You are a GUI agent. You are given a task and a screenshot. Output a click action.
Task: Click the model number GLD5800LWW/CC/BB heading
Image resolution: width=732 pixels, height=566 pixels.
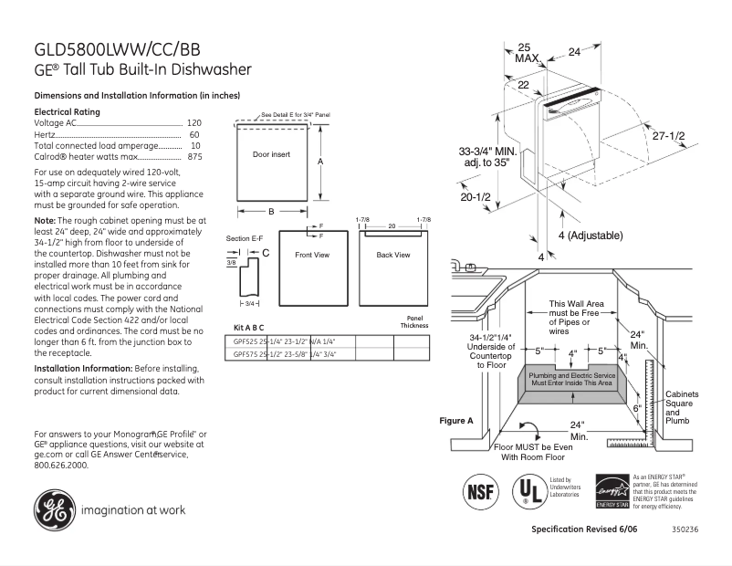(118, 49)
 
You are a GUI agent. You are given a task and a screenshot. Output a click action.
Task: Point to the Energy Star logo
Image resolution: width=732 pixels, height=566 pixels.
(612, 491)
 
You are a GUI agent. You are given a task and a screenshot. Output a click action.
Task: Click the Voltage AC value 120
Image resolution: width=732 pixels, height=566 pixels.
(193, 122)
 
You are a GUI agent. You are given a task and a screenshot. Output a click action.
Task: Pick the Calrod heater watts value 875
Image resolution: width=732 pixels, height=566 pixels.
(193, 157)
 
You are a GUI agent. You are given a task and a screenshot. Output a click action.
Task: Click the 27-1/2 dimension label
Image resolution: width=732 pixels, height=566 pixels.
(668, 135)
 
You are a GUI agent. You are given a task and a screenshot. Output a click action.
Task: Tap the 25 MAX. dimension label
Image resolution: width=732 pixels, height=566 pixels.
(526, 52)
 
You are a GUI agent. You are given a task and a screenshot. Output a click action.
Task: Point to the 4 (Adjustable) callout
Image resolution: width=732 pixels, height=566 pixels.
(589, 236)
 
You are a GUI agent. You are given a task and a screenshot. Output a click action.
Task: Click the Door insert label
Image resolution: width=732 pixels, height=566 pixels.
(271, 155)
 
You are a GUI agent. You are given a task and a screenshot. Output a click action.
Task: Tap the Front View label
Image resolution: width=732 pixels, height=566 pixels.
(311, 255)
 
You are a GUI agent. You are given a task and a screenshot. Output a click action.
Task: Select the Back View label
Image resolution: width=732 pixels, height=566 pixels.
(393, 255)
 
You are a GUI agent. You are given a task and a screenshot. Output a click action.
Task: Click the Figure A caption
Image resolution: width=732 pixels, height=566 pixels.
(456, 421)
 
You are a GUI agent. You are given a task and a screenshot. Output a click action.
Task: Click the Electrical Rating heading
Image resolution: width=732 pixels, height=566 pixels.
(67, 111)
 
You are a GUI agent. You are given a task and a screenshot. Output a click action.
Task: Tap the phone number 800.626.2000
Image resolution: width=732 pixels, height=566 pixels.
(61, 465)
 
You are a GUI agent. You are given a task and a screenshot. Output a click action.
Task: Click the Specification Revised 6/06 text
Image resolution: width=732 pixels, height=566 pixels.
(584, 529)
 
